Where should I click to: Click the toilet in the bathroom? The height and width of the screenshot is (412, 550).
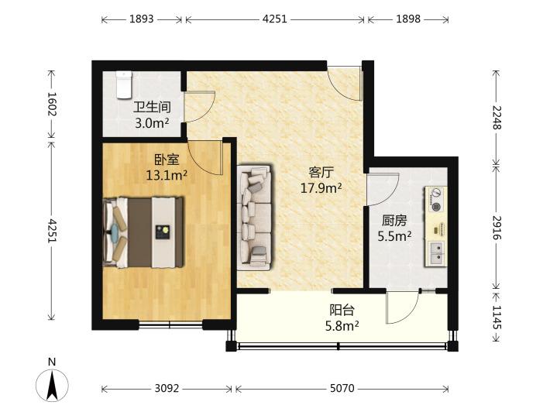click(123, 84)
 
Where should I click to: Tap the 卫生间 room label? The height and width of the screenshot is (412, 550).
click(152, 108)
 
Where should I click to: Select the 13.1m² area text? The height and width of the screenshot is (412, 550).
click(167, 174)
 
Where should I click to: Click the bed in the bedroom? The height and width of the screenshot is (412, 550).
click(143, 232)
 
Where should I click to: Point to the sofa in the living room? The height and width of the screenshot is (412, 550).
click(255, 218)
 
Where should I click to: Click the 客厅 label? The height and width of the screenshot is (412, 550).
click(321, 173)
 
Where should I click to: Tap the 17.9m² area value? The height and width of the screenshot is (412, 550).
click(321, 188)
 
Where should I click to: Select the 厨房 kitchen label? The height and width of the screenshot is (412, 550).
click(394, 221)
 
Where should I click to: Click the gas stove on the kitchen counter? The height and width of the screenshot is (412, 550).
click(436, 200)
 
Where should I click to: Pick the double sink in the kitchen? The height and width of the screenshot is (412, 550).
click(436, 252)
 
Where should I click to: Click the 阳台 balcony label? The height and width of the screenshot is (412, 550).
click(342, 310)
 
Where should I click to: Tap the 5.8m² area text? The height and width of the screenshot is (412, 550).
click(342, 326)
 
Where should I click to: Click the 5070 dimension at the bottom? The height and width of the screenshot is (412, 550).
click(342, 389)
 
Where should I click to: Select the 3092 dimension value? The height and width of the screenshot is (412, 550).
click(167, 389)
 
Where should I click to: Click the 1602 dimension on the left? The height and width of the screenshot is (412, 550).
click(52, 104)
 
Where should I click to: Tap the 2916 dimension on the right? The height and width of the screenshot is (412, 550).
click(497, 228)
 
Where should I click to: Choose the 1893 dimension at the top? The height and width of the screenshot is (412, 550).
click(141, 19)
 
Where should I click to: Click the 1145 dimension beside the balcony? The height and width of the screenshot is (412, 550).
click(497, 317)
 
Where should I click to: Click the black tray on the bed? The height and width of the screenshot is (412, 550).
click(163, 232)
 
